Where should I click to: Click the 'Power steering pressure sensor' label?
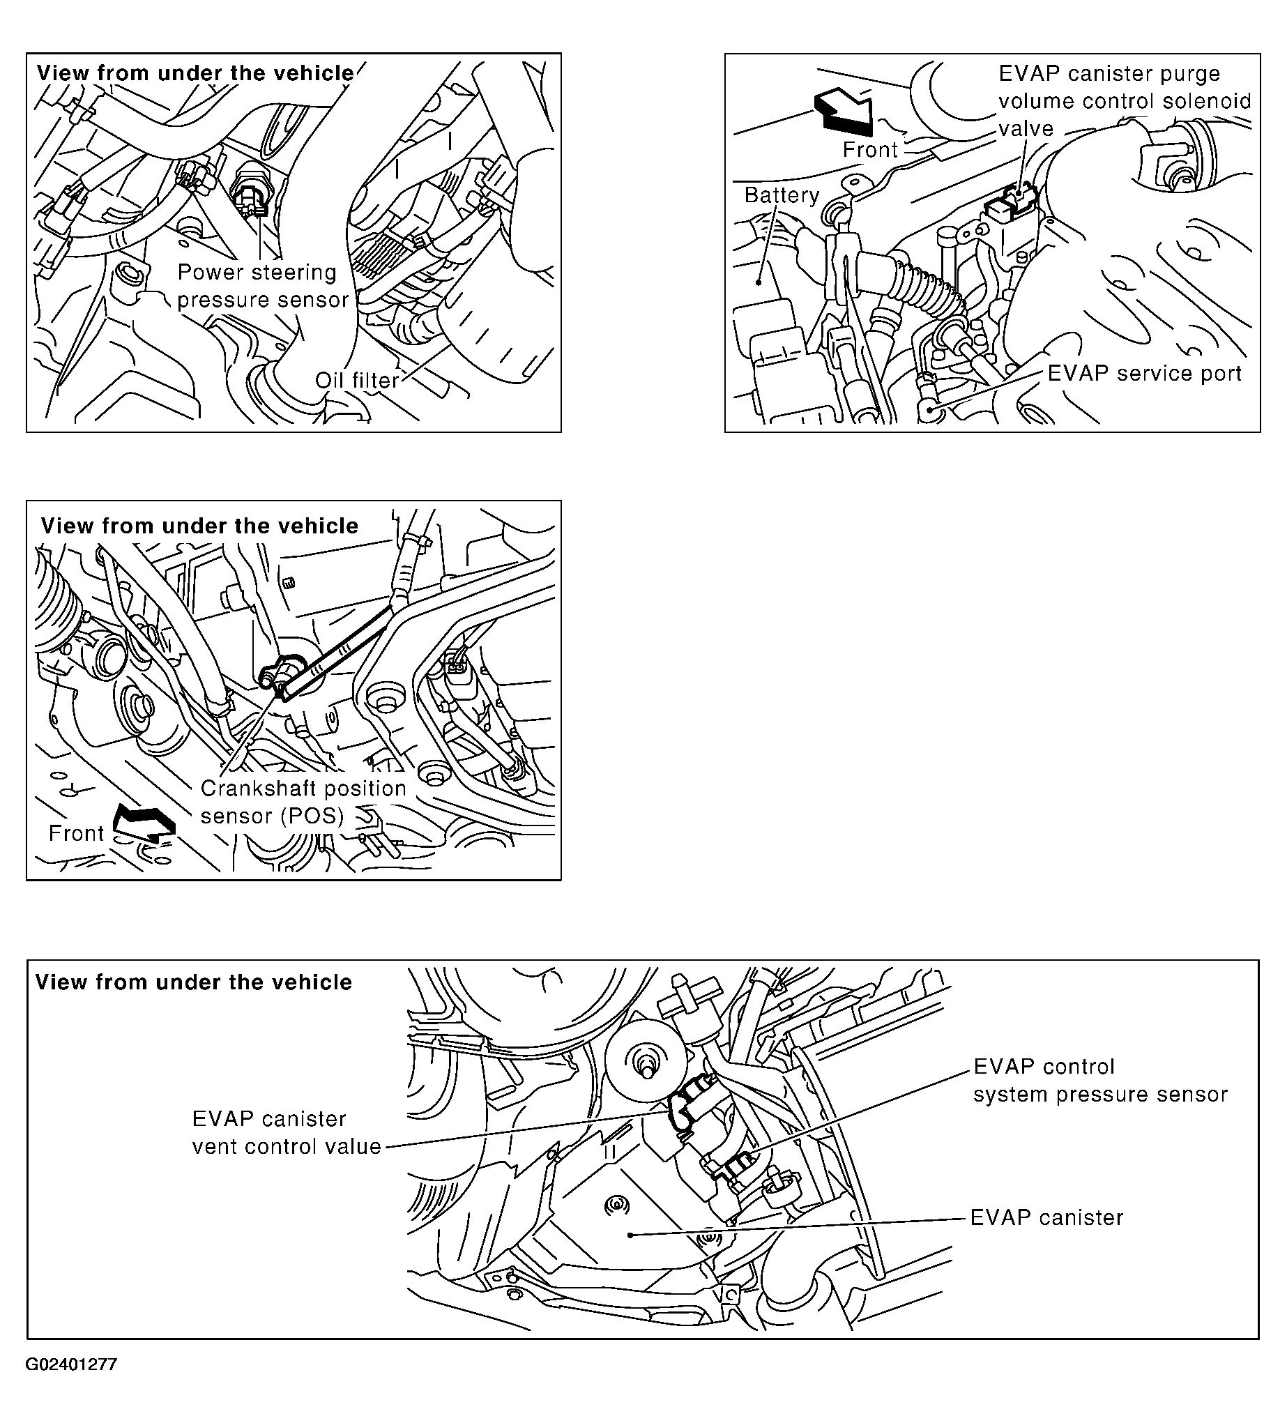click(263, 286)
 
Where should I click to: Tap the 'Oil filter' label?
click(357, 381)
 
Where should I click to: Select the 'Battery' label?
click(782, 195)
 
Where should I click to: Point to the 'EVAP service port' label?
click(1143, 374)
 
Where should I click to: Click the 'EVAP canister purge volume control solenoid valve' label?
click(1124, 101)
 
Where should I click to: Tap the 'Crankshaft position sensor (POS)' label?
click(303, 801)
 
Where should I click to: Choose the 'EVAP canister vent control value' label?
click(286, 1132)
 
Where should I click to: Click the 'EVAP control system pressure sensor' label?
click(1100, 1080)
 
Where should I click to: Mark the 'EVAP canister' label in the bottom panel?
click(1046, 1217)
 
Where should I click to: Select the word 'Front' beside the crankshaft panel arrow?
click(76, 833)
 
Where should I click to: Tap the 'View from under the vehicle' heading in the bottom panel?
click(193, 982)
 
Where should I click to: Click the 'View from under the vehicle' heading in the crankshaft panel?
click(199, 526)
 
